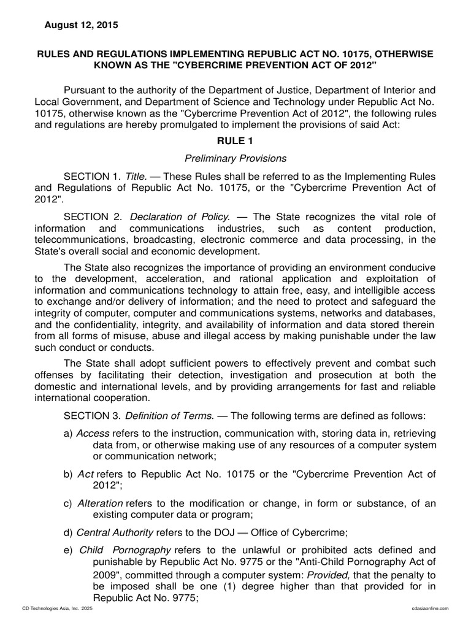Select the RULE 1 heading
(235, 140)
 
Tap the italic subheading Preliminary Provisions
(235, 158)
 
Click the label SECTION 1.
(90, 175)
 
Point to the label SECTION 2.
(90, 216)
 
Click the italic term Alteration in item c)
(100, 504)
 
